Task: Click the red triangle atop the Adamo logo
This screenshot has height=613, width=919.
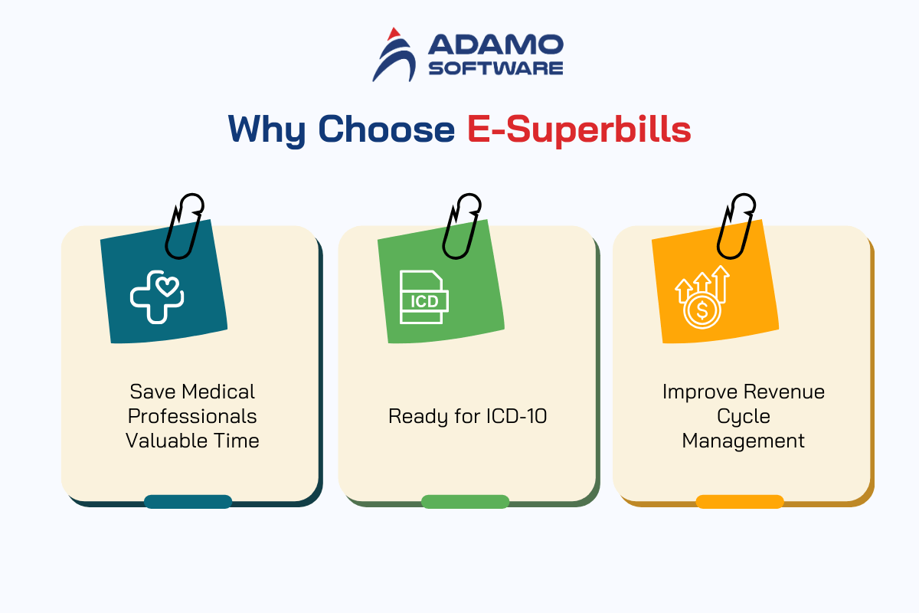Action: tap(394, 34)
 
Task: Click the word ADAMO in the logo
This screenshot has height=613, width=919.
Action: tap(495, 44)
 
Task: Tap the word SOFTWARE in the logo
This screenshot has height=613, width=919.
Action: tap(495, 68)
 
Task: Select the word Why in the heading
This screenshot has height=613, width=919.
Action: tap(267, 130)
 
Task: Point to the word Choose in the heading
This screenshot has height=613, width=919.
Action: tap(387, 129)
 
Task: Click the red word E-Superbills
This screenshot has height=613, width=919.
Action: tap(579, 129)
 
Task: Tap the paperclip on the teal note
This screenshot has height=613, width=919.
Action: tap(184, 226)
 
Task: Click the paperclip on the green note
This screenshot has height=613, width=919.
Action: tap(461, 226)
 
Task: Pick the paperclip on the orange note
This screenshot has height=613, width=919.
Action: tap(736, 226)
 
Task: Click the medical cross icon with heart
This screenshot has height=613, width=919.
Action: tap(157, 297)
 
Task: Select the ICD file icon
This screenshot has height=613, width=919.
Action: tap(424, 297)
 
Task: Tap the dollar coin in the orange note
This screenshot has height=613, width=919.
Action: tap(702, 311)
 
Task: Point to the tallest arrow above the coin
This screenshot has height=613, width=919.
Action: tap(721, 284)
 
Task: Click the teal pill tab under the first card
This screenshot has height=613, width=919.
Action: tap(188, 502)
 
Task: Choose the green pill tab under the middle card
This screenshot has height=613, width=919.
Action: tap(466, 502)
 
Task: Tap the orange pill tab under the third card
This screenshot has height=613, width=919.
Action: tap(740, 502)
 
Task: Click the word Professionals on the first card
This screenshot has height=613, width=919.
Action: tap(192, 416)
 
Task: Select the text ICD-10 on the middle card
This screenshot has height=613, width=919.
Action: tap(516, 416)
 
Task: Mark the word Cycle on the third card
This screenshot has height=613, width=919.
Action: tap(744, 417)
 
